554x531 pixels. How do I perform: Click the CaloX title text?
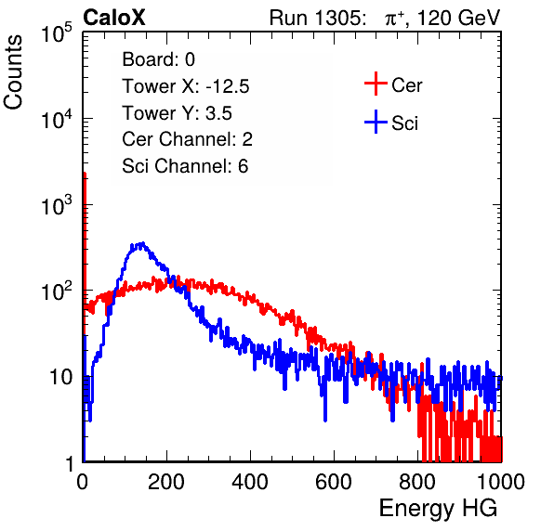point(114,18)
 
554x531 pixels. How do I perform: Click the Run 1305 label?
point(317,18)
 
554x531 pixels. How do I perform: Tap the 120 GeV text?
point(459,18)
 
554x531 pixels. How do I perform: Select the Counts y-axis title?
point(13,72)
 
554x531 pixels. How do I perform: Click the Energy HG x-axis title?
point(438,508)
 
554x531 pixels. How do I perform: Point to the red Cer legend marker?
point(376,84)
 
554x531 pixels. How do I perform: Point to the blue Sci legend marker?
point(376,122)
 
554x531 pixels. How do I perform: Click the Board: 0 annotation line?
point(158,59)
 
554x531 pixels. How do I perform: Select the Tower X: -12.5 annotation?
point(186,86)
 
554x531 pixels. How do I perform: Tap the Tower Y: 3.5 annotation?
point(177,113)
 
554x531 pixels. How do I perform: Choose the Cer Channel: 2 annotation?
point(187,139)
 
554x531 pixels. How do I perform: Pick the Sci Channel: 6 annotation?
point(185,166)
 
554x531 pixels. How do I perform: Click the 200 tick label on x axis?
point(166,482)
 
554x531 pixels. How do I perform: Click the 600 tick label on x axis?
point(334,482)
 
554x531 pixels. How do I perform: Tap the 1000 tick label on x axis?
point(500,482)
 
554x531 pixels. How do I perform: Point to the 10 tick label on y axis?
point(60,377)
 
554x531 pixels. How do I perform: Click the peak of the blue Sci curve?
point(142,243)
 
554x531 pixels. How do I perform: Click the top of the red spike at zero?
point(85,174)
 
